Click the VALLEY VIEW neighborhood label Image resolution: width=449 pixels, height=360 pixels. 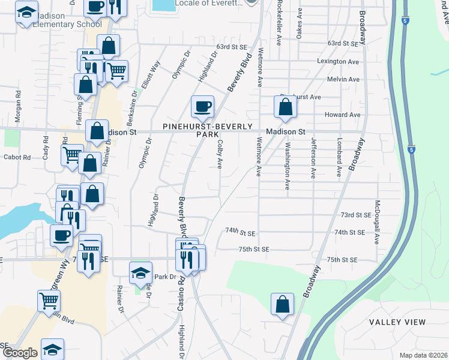[397, 322]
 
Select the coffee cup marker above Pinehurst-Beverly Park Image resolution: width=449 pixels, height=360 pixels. [202, 107]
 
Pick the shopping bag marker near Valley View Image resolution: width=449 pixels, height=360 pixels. [282, 304]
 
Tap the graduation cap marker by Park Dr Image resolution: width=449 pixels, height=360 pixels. [140, 274]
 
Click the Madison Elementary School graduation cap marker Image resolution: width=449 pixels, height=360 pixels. [26, 13]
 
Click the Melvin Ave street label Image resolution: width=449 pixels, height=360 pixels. [343, 79]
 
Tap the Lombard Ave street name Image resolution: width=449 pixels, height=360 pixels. [339, 158]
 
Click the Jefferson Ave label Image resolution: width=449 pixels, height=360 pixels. [313, 158]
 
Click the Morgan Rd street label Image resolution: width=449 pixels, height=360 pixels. [19, 103]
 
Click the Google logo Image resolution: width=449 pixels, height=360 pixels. [20, 353]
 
